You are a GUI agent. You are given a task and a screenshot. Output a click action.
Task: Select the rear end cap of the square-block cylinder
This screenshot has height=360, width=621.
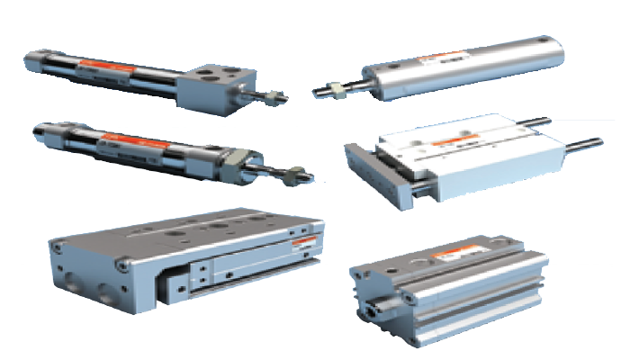33,60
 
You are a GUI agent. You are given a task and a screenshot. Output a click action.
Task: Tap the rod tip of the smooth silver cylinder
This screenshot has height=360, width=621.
316,91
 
